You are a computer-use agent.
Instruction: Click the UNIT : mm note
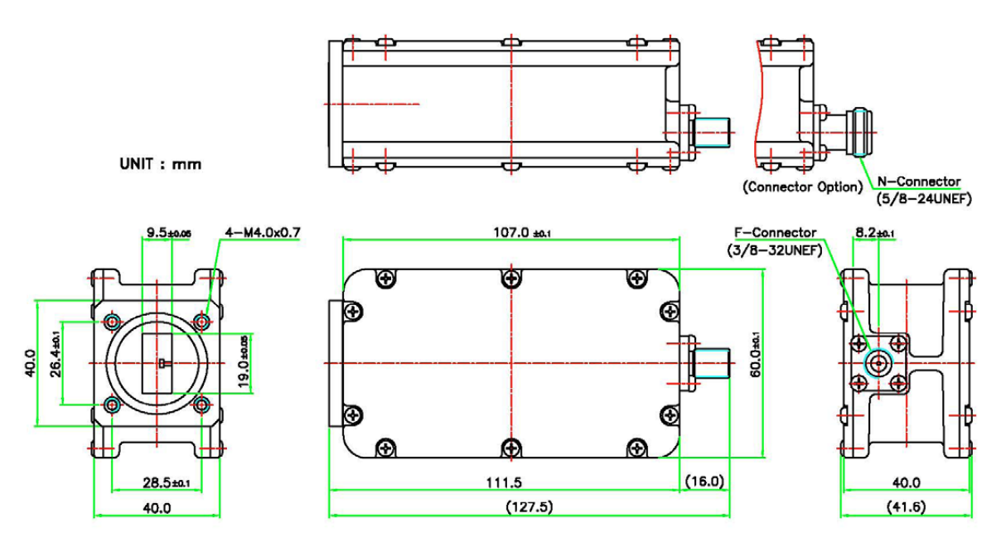click(x=160, y=164)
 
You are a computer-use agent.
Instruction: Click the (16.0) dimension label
click(x=704, y=481)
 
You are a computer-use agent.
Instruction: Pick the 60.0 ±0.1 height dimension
click(x=754, y=356)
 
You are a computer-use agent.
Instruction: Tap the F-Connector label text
click(x=775, y=233)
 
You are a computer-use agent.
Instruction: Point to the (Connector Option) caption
click(x=802, y=187)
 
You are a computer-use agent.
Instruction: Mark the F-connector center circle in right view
click(x=877, y=362)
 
